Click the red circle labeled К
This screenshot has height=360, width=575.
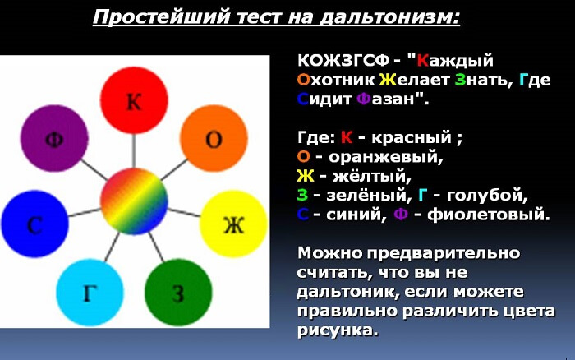point(133,101)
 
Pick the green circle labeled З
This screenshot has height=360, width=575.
point(178,292)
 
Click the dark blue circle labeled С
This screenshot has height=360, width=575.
point(34,224)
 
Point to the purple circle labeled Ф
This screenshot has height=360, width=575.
point(54,138)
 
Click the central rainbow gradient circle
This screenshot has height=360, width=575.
point(134,199)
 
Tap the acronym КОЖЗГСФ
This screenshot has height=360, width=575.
point(338,61)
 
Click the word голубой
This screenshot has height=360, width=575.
point(484,196)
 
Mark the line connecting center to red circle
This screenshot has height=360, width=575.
point(133,150)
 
